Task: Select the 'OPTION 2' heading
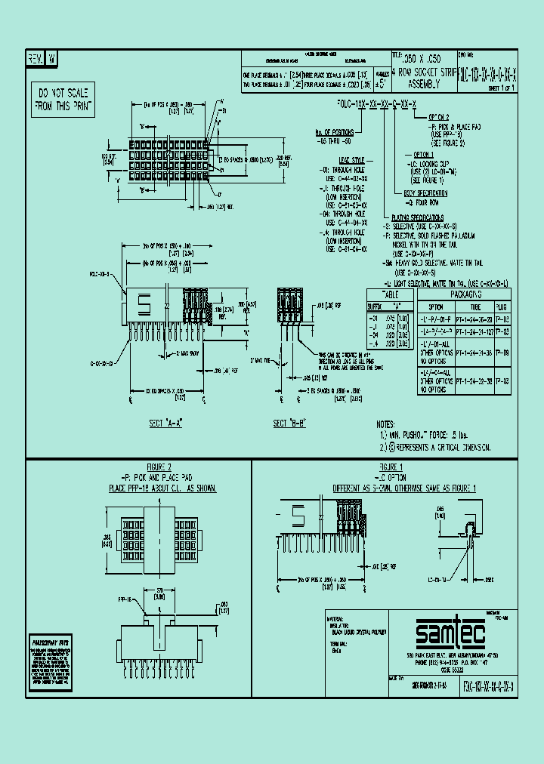(x=439, y=117)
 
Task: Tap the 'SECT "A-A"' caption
(x=167, y=424)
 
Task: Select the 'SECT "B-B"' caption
(x=289, y=424)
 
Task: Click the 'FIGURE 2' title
(x=159, y=467)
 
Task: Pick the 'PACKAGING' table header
(x=465, y=294)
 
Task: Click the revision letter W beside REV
(x=51, y=58)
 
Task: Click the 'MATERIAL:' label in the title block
(x=334, y=618)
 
